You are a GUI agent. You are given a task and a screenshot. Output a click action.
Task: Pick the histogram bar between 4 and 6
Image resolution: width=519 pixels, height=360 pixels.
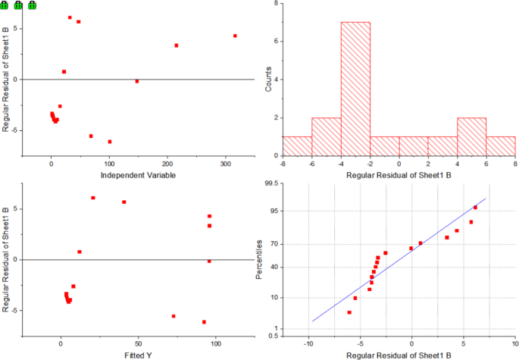[x=471, y=137]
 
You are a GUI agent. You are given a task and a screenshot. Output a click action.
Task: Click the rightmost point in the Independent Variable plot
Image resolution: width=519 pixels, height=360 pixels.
[x=235, y=36]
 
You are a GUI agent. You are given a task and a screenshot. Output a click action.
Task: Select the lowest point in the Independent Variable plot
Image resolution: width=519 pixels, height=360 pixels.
[x=109, y=142]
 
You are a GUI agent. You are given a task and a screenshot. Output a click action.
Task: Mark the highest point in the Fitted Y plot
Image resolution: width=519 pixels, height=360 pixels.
[x=93, y=198]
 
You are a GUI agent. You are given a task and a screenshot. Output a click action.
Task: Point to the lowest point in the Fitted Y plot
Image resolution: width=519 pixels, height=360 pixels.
[x=204, y=322]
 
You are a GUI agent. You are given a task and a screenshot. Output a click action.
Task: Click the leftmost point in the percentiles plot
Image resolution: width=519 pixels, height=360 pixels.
[x=349, y=312]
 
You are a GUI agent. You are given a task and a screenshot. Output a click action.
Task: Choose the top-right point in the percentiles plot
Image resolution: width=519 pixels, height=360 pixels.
[x=475, y=208]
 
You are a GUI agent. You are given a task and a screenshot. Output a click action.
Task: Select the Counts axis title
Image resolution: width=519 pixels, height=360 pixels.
[x=268, y=79]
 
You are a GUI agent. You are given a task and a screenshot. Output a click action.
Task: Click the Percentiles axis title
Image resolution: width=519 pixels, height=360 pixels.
[x=261, y=258]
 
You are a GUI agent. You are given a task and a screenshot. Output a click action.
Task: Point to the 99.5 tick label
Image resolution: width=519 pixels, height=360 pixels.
[x=270, y=183]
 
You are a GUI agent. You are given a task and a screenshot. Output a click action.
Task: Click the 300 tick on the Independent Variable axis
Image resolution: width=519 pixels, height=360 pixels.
[x=224, y=164]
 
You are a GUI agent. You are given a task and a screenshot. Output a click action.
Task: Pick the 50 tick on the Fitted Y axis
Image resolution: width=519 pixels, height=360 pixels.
[x=138, y=344]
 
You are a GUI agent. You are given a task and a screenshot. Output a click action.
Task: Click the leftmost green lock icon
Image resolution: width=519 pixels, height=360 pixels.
[x=5, y=5]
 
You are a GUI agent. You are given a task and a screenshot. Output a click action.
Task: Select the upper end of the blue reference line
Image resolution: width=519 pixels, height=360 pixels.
[x=486, y=199]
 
